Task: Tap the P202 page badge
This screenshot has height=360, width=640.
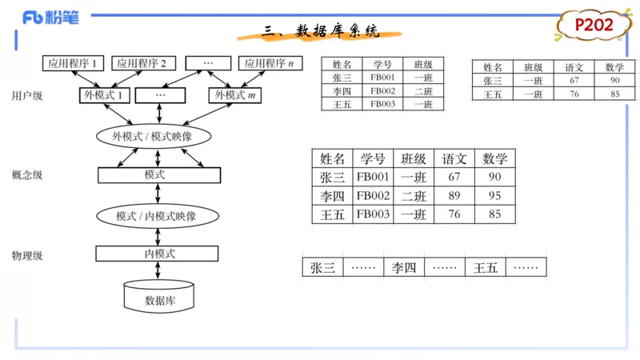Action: [x=594, y=26]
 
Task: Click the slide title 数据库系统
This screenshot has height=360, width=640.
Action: [x=321, y=32]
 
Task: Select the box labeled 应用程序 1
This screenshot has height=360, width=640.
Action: [x=73, y=63]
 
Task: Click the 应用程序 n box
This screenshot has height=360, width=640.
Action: [x=268, y=63]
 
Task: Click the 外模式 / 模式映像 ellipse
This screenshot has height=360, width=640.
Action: [x=152, y=136]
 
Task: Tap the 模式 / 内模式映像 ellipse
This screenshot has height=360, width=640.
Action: [x=156, y=216]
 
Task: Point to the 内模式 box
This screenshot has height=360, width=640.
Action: [x=157, y=254]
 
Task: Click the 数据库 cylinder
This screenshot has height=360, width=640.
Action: [x=158, y=298]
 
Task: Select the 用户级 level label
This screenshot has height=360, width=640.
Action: [x=27, y=96]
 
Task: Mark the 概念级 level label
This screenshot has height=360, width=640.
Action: [x=27, y=175]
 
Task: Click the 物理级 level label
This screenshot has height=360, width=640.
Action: [x=27, y=256]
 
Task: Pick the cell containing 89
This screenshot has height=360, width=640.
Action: [x=454, y=196]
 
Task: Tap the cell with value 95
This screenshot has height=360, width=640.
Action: [x=494, y=196]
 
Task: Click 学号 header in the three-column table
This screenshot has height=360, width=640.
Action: [x=382, y=64]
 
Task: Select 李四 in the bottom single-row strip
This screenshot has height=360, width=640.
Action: [x=403, y=268]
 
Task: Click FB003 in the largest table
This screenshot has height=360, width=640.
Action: [x=373, y=214]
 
